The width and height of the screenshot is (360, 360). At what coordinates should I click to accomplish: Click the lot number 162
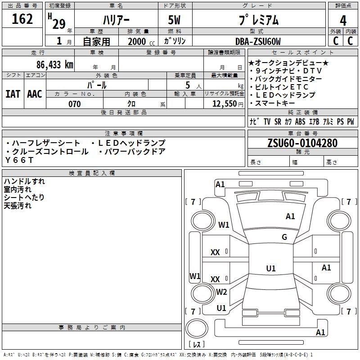pos(22,19)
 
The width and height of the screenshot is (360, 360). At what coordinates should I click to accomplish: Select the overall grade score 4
pos(343,20)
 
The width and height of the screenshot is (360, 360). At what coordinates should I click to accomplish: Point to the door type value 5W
pos(175,20)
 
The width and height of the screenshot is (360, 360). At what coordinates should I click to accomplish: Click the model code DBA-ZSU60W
pos(258,41)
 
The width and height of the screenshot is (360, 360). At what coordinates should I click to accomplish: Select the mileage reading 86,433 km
pos(54,64)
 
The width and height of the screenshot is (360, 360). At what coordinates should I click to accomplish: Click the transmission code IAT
pos(13,94)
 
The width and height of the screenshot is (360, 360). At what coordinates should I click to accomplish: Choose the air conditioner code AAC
pos(35,94)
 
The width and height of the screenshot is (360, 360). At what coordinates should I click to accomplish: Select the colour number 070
pos(74,104)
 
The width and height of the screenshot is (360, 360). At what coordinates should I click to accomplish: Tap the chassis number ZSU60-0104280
pos(302,143)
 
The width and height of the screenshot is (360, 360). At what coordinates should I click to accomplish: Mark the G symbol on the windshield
pos(284,237)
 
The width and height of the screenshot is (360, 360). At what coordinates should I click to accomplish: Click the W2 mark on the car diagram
pos(221,292)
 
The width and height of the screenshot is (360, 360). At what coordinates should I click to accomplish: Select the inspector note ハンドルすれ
pos(24,181)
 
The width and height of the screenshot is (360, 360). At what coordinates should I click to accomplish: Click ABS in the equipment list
pos(300,122)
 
